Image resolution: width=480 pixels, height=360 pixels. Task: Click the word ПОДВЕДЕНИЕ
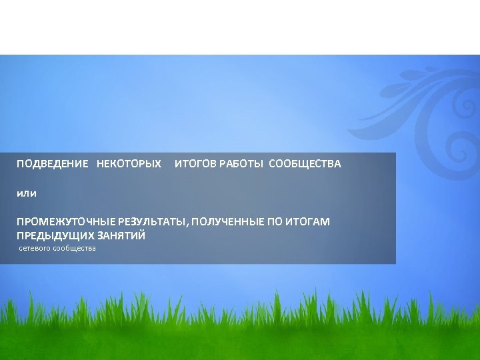point(52,164)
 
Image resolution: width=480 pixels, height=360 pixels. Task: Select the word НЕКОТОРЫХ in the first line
point(129,164)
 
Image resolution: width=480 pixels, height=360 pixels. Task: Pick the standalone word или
point(27,193)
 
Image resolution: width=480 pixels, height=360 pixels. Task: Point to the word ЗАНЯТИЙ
point(121,236)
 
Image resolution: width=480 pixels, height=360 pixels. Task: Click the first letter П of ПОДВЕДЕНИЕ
point(20,164)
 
